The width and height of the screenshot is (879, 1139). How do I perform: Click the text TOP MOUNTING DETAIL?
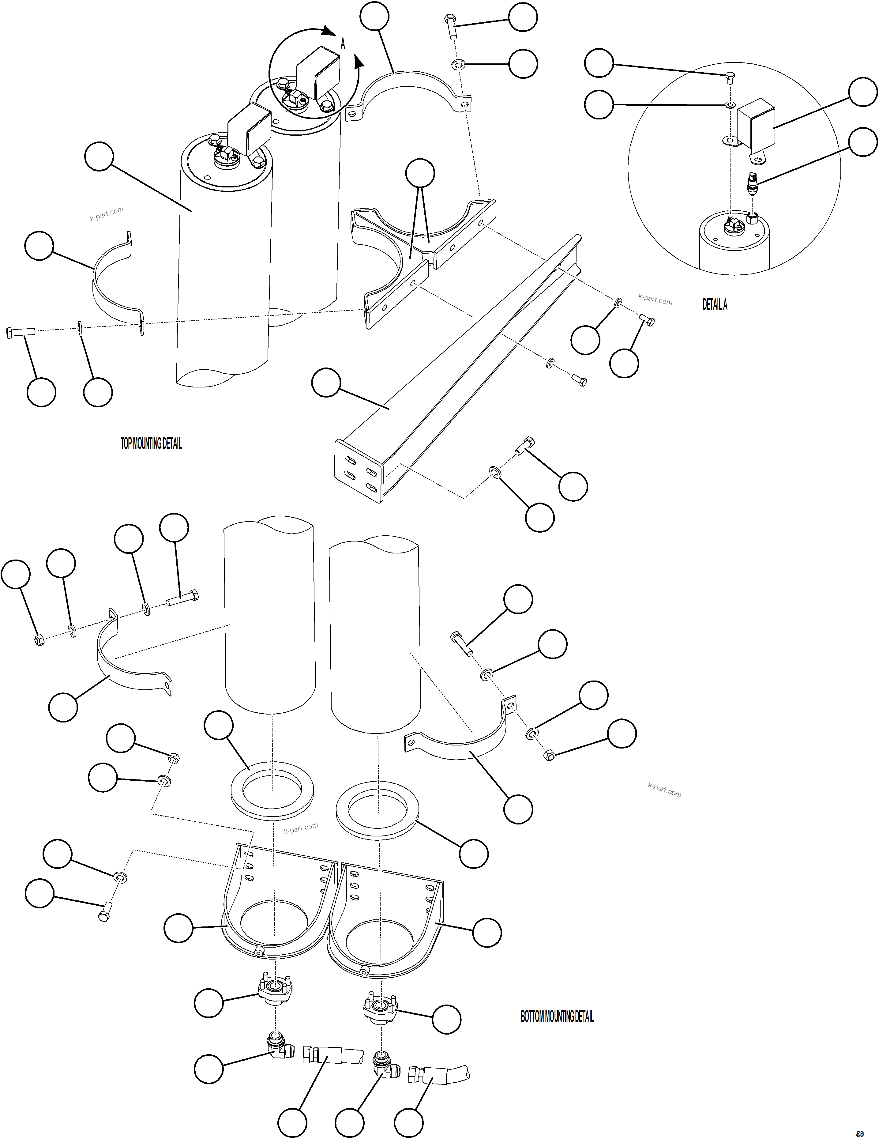pyautogui.click(x=151, y=444)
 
